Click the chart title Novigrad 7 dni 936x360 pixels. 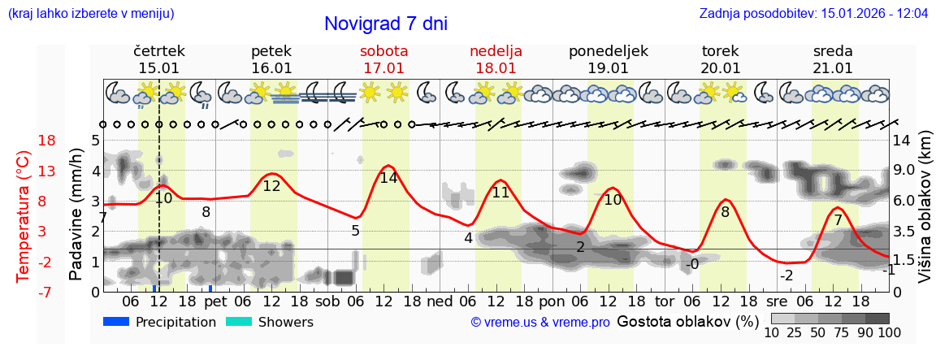point(385,24)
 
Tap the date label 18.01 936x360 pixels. point(496,68)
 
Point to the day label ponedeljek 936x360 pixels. point(608,50)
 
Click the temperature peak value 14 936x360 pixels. point(388,177)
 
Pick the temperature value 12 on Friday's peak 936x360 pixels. point(271,186)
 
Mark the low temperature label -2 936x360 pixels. point(786,275)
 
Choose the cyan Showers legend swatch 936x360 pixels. point(239,322)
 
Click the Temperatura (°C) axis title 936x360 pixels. point(23,216)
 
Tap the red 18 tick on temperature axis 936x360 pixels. point(47,141)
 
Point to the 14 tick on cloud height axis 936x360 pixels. point(901,141)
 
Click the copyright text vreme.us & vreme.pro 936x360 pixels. point(540,323)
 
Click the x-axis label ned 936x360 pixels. point(440,301)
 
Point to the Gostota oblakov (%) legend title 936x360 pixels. point(687,321)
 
